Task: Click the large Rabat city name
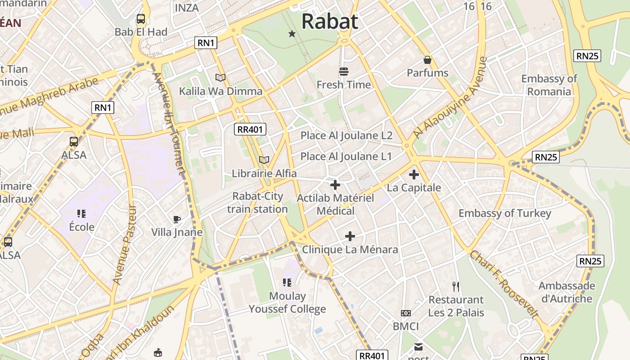tap(329, 21)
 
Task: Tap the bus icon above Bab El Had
tap(141, 19)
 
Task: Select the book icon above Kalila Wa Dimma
tap(220, 78)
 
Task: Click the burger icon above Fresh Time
tap(344, 72)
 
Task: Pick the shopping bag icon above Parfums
tap(427, 60)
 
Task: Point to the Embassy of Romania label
tap(549, 85)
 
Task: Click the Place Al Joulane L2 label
tap(346, 135)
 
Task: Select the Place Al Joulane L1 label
tap(346, 157)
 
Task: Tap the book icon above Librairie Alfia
tap(264, 160)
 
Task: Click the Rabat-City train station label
tap(257, 202)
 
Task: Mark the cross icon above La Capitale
tap(414, 175)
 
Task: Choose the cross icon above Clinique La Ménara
tap(350, 236)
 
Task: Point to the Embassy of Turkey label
tap(504, 213)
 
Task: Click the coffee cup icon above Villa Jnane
tap(177, 219)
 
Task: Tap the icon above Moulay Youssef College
tap(287, 283)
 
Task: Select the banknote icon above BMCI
tap(406, 313)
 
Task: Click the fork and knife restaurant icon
tap(456, 286)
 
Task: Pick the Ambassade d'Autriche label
tap(567, 292)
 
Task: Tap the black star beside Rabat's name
tap(292, 34)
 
